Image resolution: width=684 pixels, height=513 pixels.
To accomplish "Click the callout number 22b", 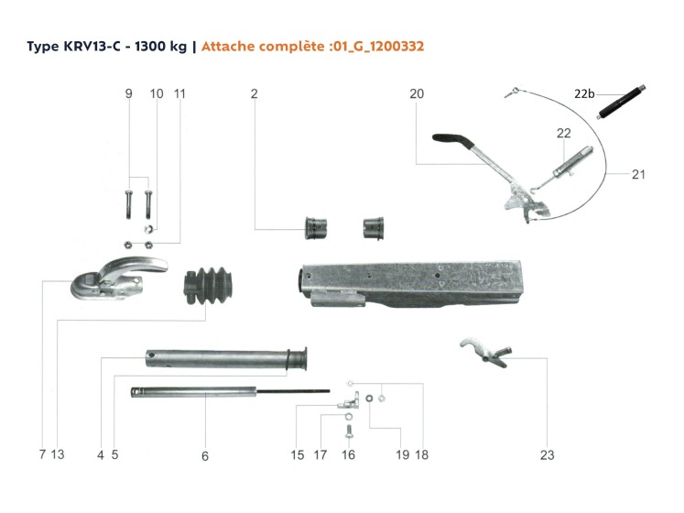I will tap(584, 94).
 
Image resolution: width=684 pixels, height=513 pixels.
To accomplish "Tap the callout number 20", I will tap(418, 94).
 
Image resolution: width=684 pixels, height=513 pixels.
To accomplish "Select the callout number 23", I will tap(547, 454).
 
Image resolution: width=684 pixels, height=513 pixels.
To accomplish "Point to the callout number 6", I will tap(205, 454).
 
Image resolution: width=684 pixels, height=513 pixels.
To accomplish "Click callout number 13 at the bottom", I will tap(58, 454).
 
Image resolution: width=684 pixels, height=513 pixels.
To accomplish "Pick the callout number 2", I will tap(254, 94).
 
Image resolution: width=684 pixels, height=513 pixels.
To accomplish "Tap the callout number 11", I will tap(179, 94).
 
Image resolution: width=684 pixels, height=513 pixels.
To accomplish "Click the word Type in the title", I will tap(40, 45).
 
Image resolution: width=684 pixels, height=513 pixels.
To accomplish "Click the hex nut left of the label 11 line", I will tap(129, 244).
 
